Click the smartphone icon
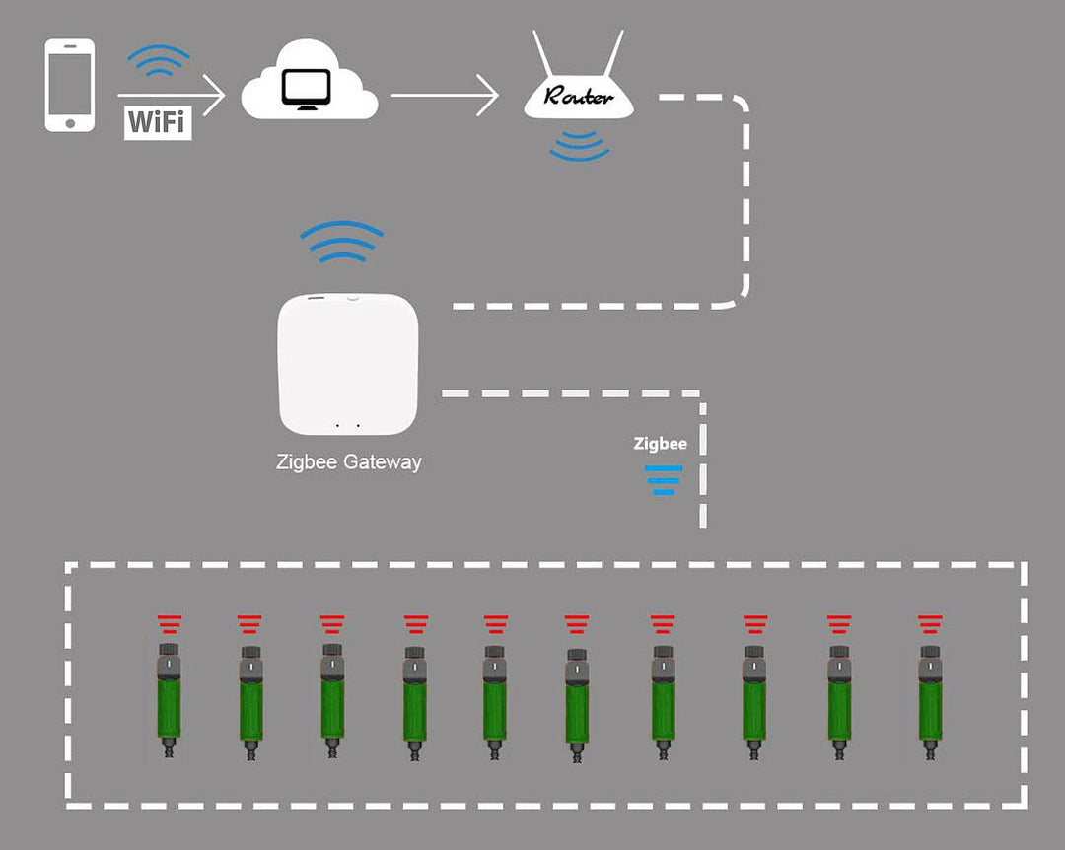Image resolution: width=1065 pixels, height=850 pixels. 70,85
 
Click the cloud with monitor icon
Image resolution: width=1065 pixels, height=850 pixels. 310,87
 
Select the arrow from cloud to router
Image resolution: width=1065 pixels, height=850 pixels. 444,96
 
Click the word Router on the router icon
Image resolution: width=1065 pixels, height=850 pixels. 579,97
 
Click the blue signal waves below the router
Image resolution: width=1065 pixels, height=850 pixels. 579,145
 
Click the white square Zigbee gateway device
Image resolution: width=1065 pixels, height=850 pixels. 348,364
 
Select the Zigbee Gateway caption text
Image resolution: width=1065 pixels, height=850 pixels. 348,461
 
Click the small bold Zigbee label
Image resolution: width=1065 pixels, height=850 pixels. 660,444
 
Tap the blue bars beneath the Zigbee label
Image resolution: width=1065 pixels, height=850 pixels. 663,479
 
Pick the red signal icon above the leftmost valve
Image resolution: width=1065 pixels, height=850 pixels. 170,624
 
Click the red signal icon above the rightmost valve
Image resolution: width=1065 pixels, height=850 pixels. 929,624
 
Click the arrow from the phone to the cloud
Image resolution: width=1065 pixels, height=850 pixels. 173,96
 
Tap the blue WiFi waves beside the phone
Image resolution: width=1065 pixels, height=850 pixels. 159,61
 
